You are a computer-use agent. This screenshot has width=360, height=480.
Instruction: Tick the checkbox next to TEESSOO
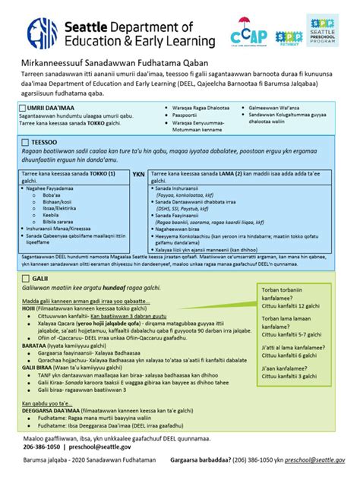point(26,142)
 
